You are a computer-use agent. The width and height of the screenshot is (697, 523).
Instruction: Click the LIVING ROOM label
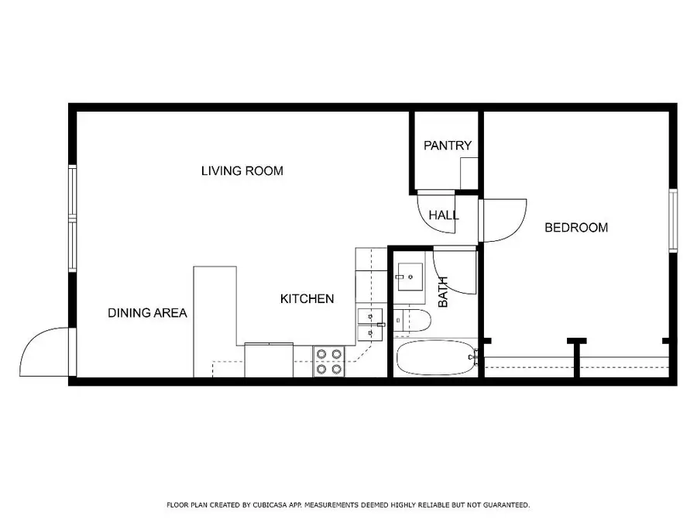click(242, 170)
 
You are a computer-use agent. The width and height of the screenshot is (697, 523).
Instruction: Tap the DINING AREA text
click(147, 313)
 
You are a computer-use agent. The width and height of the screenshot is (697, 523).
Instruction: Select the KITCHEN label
click(307, 298)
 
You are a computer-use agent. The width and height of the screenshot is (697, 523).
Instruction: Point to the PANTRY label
click(447, 145)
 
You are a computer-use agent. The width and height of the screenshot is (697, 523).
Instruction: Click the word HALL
click(444, 215)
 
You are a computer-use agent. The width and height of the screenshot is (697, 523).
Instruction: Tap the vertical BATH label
click(444, 292)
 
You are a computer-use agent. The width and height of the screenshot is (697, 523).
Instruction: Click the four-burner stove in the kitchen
click(329, 362)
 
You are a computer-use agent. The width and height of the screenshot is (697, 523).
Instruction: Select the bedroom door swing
click(504, 219)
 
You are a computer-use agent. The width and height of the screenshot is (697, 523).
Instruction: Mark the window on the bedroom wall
click(673, 220)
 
